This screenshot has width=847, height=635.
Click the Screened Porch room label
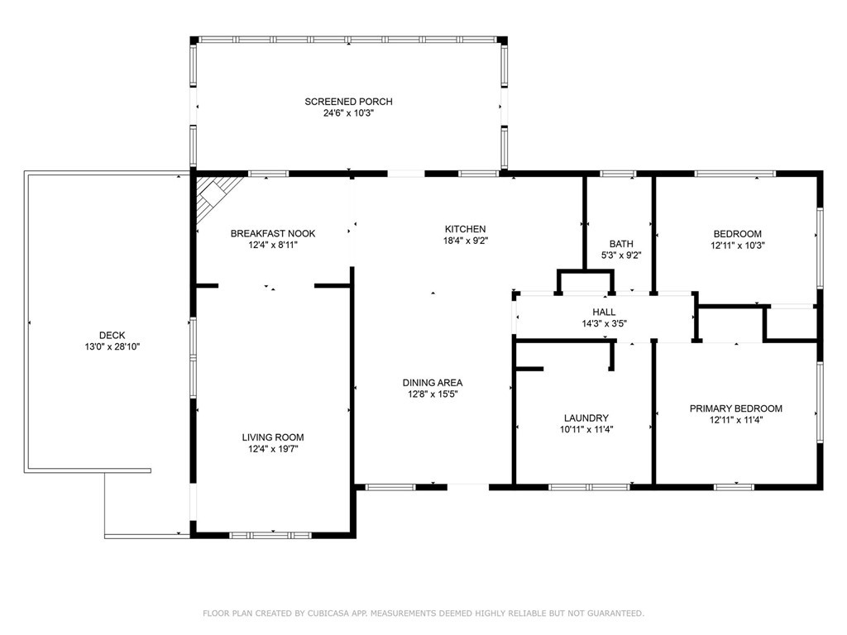coord(348,102)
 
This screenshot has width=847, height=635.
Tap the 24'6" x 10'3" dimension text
coord(348,113)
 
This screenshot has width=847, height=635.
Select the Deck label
coord(112,336)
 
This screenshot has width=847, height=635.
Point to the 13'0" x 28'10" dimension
coord(112,346)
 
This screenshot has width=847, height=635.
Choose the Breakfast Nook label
coord(273,234)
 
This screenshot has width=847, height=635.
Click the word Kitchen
coord(465,229)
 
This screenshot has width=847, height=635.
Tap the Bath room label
coord(621,244)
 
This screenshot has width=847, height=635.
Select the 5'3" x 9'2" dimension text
coord(621,255)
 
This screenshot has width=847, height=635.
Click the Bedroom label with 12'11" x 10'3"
coord(737,234)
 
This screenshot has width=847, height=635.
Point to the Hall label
coord(604,312)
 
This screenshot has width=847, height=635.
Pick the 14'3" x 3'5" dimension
coord(604,324)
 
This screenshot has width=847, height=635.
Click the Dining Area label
coord(433,383)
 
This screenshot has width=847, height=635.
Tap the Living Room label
coord(273,437)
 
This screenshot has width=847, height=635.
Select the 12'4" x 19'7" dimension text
coord(273,449)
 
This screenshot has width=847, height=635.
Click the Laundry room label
coord(586,418)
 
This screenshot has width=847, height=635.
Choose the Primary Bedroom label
coord(735,408)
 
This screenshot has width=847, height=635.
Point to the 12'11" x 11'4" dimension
coord(735,420)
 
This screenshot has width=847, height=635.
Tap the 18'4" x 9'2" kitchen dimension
coord(466,241)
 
